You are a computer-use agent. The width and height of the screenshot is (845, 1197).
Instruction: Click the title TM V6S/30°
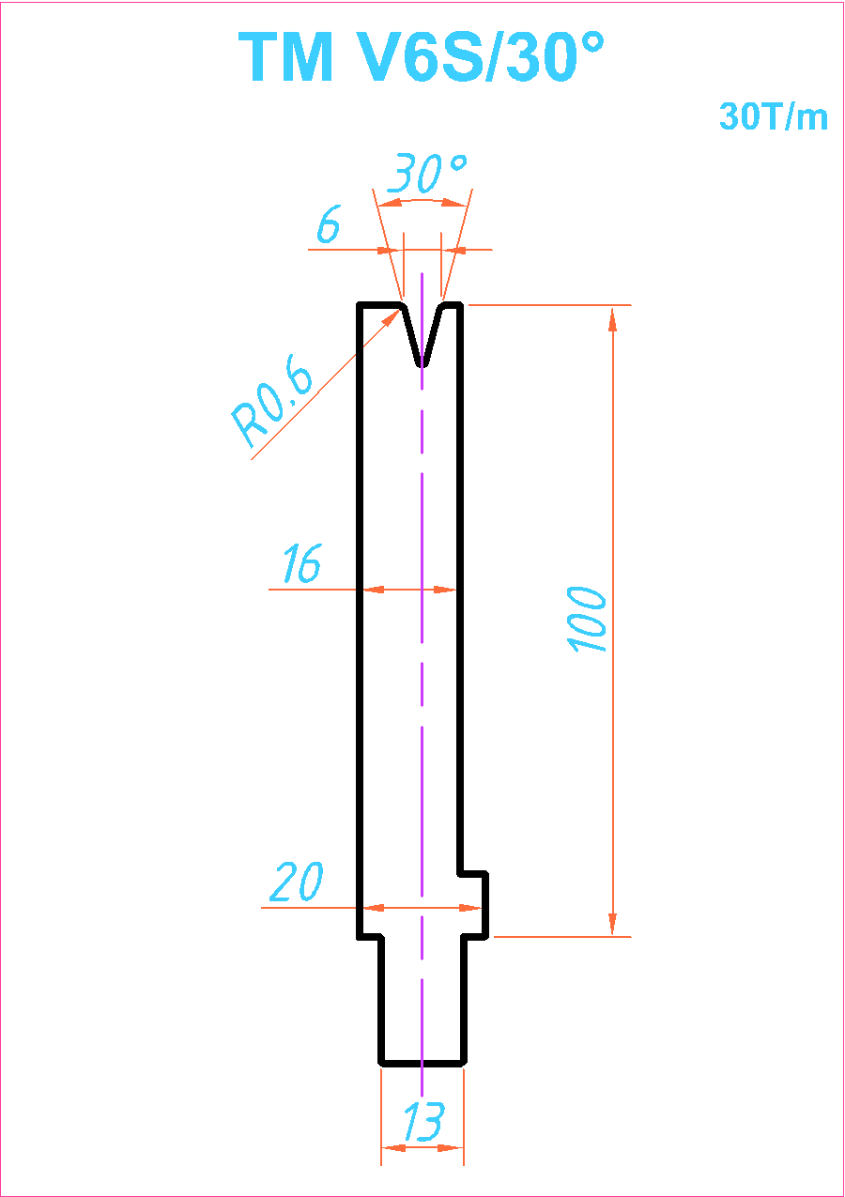click(x=422, y=56)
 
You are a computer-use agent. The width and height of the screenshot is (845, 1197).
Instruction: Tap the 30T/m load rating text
click(x=774, y=116)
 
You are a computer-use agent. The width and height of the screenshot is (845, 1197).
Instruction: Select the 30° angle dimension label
click(x=426, y=173)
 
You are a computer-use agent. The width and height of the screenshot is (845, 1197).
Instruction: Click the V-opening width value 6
click(x=329, y=223)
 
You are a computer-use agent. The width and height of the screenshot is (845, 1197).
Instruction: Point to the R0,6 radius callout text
click(x=271, y=400)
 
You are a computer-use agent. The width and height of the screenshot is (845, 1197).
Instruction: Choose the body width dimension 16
click(x=302, y=562)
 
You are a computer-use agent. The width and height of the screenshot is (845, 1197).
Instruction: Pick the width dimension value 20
click(x=297, y=882)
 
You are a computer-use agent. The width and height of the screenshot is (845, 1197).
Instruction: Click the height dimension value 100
click(x=586, y=620)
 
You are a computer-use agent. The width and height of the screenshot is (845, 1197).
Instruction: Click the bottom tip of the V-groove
click(x=422, y=365)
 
